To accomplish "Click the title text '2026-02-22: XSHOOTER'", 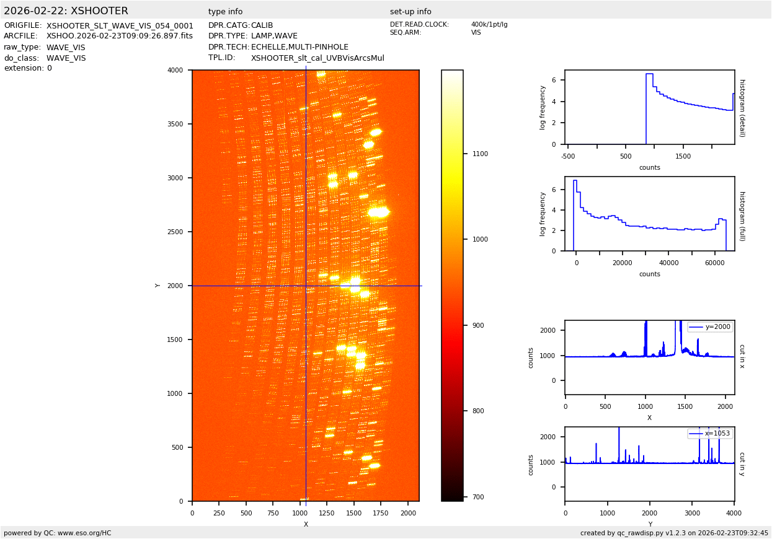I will (66, 11).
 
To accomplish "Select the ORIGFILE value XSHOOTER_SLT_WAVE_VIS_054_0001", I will (120, 26).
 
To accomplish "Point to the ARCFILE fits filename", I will (120, 36).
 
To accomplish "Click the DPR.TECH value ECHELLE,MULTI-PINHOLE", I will (299, 47).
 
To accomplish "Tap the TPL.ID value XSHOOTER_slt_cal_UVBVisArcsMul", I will (317, 58).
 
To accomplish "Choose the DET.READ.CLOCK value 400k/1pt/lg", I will (489, 25).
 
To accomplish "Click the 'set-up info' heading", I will (410, 12).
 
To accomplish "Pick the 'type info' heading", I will (225, 12).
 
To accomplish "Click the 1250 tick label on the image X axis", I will (327, 514).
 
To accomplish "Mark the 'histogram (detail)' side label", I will (742, 108).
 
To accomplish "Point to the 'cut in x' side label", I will (742, 356).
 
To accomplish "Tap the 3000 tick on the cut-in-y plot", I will (692, 513).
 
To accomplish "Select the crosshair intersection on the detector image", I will (306, 286).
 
